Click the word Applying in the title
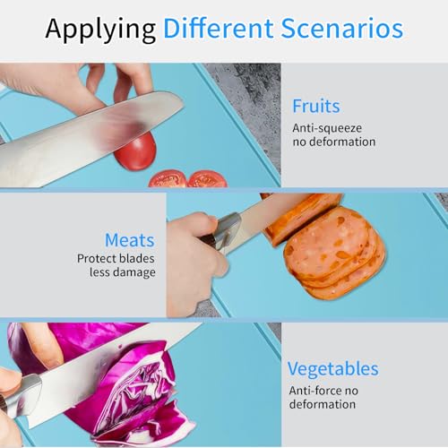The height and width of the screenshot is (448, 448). [100, 30]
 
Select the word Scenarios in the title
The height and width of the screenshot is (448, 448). [342, 29]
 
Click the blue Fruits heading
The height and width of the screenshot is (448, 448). [316, 106]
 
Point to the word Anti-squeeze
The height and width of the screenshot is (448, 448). [327, 128]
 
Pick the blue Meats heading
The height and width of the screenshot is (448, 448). [130, 240]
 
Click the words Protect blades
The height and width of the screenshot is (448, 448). [116, 258]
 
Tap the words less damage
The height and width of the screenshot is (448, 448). [123, 272]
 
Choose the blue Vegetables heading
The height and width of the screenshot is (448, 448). [333, 369]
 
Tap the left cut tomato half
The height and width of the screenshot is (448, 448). [168, 178]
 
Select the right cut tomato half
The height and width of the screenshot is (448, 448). [207, 178]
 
